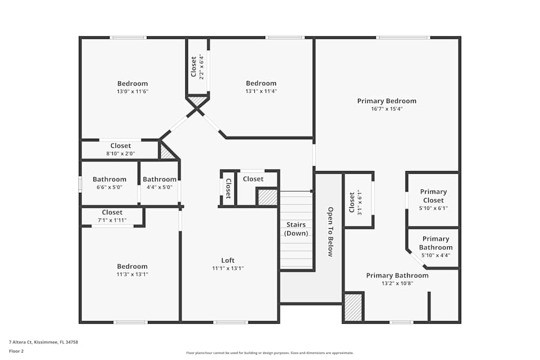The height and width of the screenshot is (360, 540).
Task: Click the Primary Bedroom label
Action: (x=387, y=101)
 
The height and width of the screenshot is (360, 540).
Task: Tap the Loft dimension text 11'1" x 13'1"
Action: (x=227, y=268)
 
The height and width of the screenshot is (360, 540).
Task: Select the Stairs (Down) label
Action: (x=296, y=229)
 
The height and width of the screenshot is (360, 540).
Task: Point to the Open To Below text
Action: (x=330, y=232)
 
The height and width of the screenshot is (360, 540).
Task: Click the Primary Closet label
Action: (x=434, y=196)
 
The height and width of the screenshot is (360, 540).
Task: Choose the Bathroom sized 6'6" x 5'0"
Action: (x=109, y=183)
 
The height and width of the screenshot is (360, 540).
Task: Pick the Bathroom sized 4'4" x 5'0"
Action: (x=159, y=183)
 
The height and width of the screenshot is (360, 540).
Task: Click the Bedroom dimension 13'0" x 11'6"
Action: (x=132, y=92)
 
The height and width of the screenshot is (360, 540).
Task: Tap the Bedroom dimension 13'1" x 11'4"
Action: (x=261, y=92)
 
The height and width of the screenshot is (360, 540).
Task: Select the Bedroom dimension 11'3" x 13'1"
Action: (x=132, y=274)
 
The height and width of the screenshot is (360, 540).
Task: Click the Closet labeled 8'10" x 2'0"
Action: (x=120, y=150)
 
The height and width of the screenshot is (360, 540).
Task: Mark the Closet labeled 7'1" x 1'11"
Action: (x=112, y=216)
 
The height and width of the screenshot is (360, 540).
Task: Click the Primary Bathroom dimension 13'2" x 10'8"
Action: (x=397, y=283)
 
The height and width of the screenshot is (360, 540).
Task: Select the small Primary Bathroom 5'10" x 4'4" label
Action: (x=435, y=247)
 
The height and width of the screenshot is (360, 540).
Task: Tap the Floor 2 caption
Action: (x=16, y=351)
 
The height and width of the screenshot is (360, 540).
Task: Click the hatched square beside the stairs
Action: (x=267, y=197)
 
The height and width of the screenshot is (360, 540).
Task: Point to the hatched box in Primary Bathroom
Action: (x=353, y=308)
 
